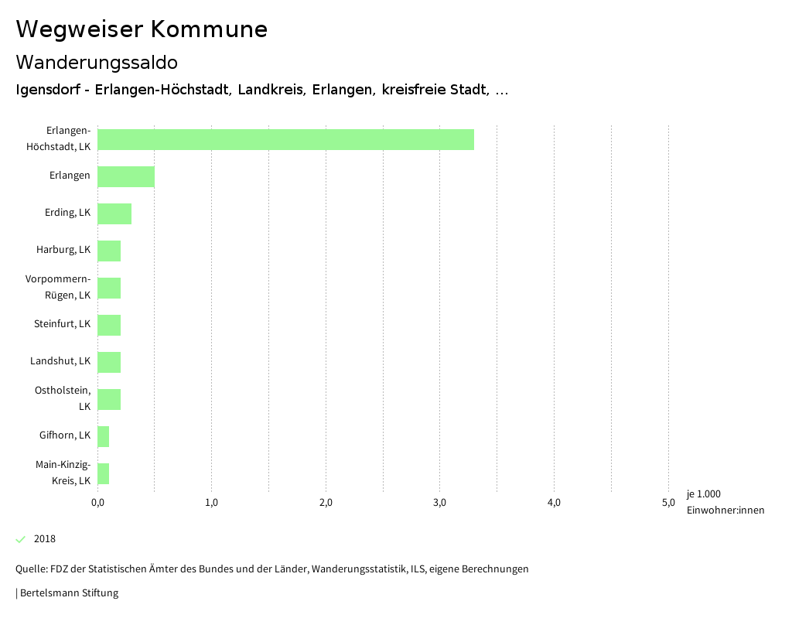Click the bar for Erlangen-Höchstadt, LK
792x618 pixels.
tap(285, 139)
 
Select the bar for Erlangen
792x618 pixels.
tap(126, 176)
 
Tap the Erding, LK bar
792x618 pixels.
tap(114, 213)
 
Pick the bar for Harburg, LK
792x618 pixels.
tap(109, 251)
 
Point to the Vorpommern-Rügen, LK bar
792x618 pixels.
tap(109, 288)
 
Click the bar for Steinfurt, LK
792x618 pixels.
tap(109, 325)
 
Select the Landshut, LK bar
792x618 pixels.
tap(109, 362)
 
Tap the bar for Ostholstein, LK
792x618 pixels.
tap(109, 399)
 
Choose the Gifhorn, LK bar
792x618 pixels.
tap(104, 436)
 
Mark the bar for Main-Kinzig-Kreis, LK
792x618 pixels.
tap(104, 473)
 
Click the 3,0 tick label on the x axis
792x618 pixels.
tap(439, 503)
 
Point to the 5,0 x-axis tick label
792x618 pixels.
tap(667, 503)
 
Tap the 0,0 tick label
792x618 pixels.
tap(97, 503)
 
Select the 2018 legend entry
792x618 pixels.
tap(44, 539)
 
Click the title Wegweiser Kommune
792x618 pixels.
tap(142, 29)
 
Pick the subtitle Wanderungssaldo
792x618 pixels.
tap(97, 62)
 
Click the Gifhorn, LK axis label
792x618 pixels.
tap(65, 435)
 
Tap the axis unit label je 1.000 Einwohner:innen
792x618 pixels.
tap(725, 502)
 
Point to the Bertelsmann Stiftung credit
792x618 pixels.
tap(68, 593)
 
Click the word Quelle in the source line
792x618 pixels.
tap(30, 569)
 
